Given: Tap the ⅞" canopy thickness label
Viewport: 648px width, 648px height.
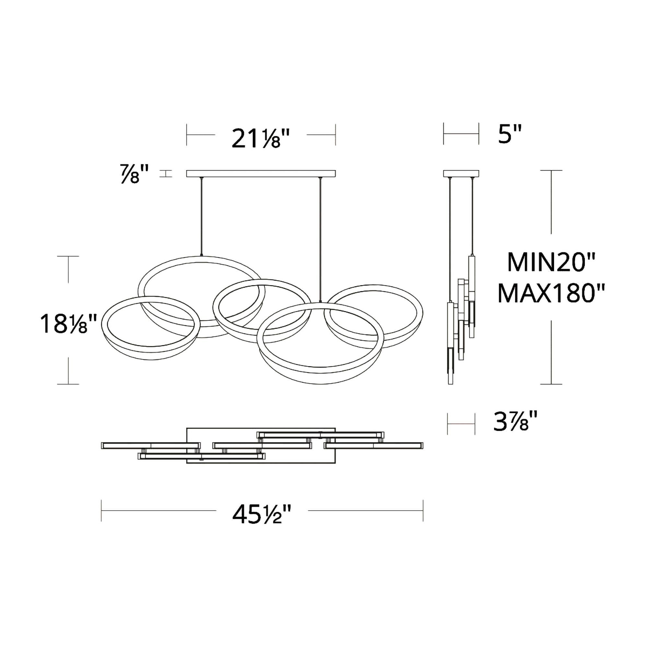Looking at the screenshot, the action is pyautogui.click(x=134, y=173).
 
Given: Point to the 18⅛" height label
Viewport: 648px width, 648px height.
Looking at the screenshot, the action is pyautogui.click(x=68, y=323).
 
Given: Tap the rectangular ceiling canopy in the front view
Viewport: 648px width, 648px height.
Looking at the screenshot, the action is pyautogui.click(x=261, y=173).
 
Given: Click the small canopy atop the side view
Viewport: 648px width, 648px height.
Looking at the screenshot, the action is pyautogui.click(x=461, y=173).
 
